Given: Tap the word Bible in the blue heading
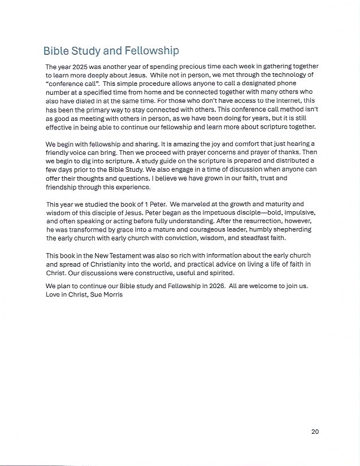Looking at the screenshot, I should tap(56, 51).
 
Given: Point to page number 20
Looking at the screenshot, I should tap(315, 432).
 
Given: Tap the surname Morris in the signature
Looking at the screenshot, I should tap(111, 294).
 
